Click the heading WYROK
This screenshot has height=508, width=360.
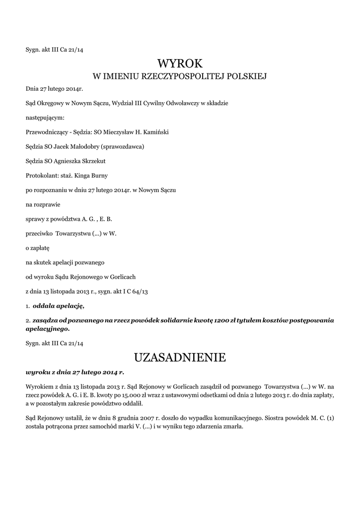tap(180, 63)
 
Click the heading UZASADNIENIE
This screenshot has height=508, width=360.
tap(180, 357)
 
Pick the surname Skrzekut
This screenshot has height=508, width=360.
tap(102, 161)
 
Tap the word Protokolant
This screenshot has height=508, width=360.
tap(41, 176)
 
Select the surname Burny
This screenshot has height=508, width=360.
tap(106, 176)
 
